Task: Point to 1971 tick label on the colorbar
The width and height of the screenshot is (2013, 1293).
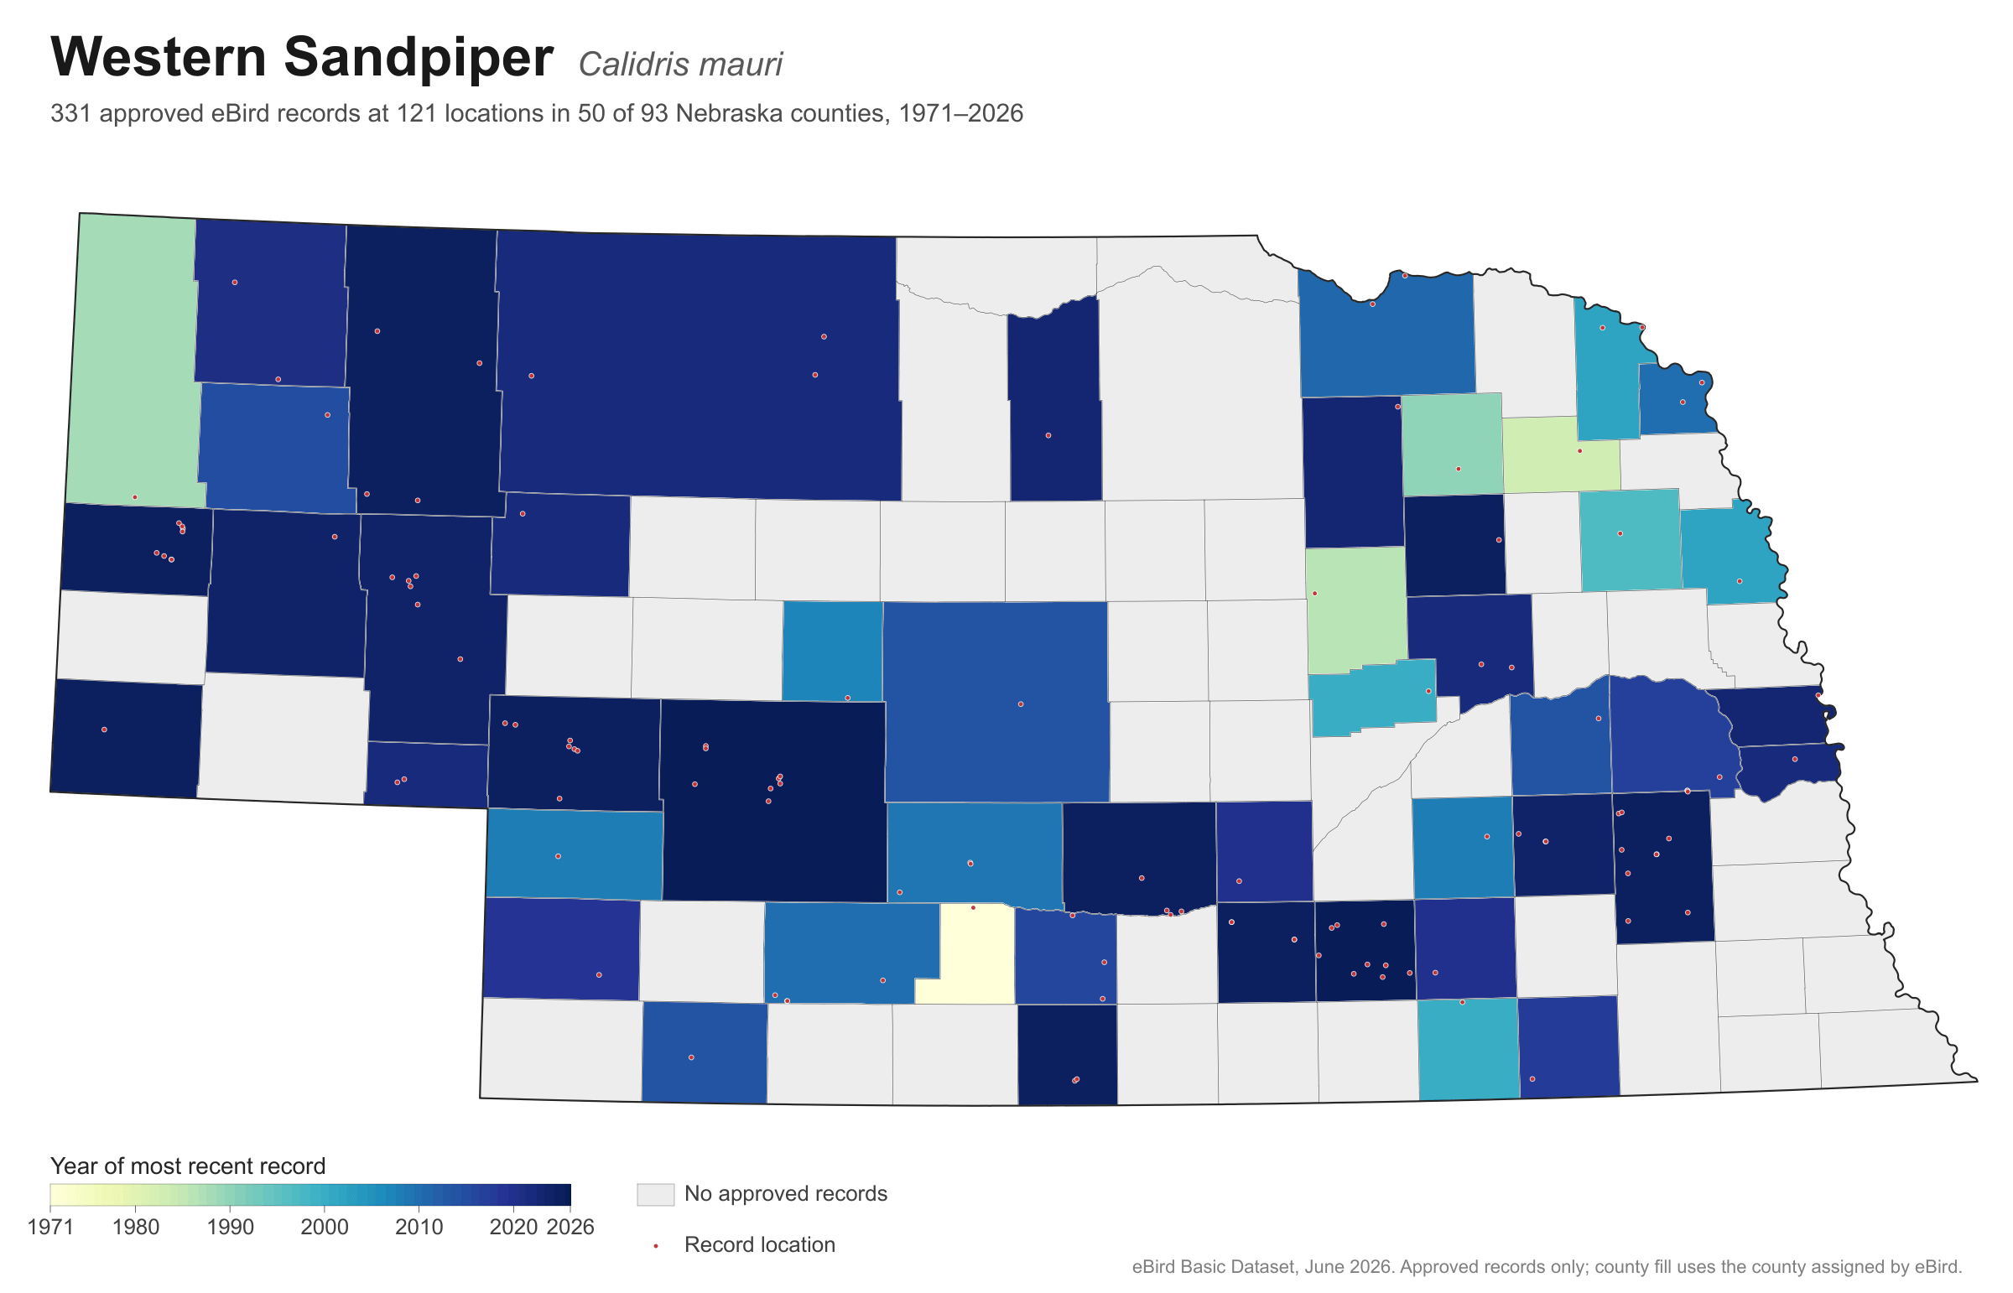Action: [x=50, y=1227]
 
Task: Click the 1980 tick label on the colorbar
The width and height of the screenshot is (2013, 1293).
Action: [x=135, y=1227]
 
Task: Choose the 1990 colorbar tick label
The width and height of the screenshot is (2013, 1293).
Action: [x=230, y=1227]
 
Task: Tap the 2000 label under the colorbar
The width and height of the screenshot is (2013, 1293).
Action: [x=324, y=1227]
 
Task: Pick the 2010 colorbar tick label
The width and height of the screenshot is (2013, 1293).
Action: [x=419, y=1227]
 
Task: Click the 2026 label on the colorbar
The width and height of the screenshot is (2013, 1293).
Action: [x=570, y=1227]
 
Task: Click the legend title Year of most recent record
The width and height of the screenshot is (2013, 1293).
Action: [x=188, y=1166]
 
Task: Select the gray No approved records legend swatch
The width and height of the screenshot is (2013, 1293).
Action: [x=655, y=1194]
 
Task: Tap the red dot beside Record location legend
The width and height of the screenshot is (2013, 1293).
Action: [x=655, y=1245]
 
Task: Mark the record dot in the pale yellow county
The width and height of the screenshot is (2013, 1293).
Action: [x=973, y=907]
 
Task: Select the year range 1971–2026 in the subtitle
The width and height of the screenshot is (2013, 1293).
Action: [x=960, y=113]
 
